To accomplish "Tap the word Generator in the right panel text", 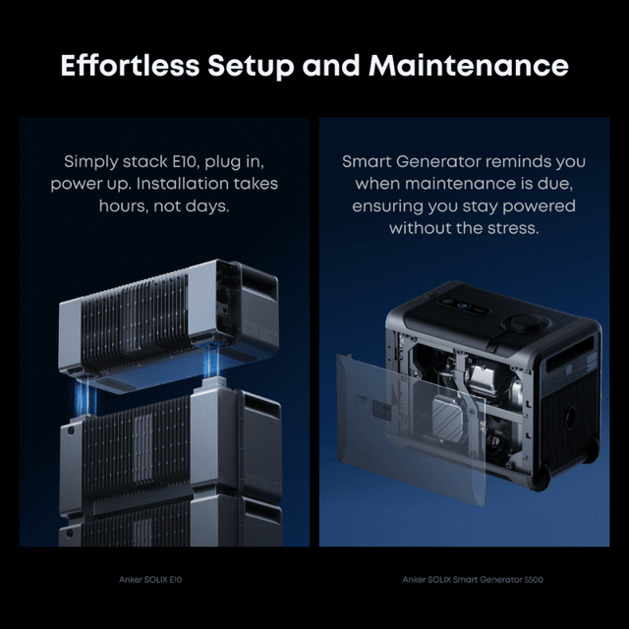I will coord(437,161).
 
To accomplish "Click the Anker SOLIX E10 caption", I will coord(149,580).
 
